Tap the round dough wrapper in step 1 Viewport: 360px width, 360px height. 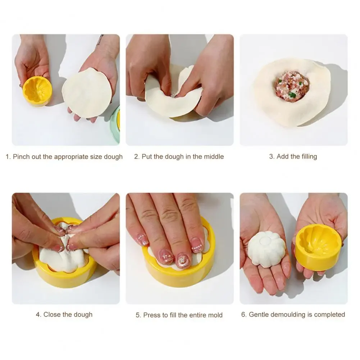click(x=87, y=93)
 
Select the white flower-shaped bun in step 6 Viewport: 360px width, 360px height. click(x=267, y=249)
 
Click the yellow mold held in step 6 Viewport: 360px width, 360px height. click(x=318, y=246)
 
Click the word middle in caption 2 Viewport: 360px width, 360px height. click(x=214, y=156)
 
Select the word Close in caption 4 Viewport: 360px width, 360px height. click(x=52, y=314)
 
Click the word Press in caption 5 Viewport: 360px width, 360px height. click(x=151, y=315)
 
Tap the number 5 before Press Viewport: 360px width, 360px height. click(x=138, y=315)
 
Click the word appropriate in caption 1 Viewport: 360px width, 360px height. click(x=71, y=157)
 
